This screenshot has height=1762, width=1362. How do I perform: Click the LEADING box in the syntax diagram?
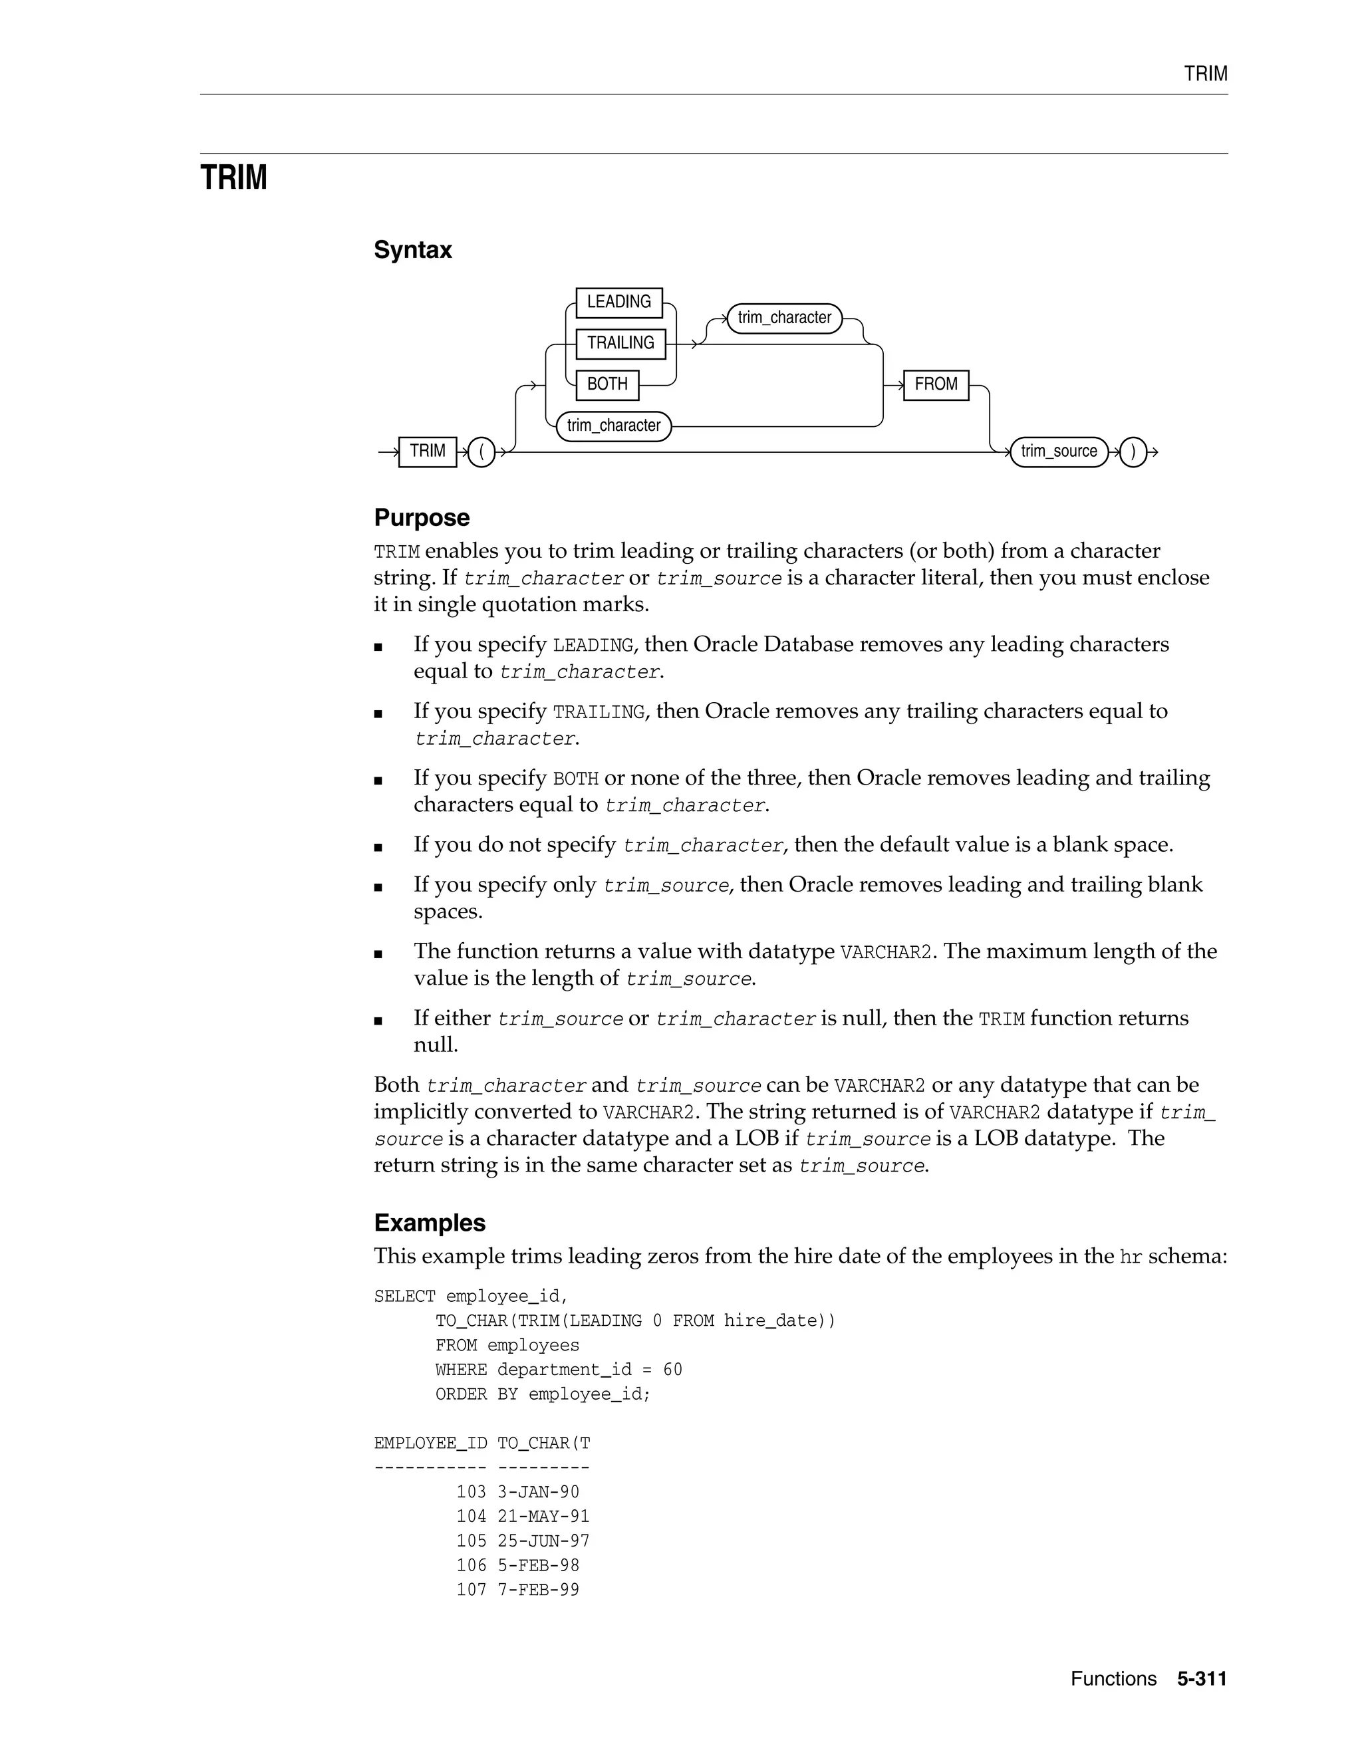point(619,303)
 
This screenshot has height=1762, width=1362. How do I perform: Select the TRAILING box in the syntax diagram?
point(620,344)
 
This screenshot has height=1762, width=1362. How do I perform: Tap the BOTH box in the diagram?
point(607,385)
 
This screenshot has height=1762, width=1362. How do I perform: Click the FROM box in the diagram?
point(935,385)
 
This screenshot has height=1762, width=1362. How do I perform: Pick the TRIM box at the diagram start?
point(428,451)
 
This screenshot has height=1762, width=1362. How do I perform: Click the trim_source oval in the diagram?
point(1059,451)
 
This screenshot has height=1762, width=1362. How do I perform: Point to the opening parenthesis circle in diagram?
point(481,451)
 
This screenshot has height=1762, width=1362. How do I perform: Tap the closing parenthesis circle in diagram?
point(1133,451)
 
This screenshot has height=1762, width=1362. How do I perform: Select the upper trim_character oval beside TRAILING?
point(784,318)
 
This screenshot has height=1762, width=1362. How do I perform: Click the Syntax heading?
point(412,250)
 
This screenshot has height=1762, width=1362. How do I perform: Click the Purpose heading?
point(421,518)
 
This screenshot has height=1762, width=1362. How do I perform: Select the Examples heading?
point(429,1223)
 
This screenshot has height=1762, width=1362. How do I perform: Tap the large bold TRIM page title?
point(233,178)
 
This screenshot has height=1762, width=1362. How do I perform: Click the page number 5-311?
point(1202,1679)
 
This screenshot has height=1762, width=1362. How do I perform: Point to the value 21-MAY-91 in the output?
point(543,1517)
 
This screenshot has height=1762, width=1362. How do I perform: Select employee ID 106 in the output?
point(472,1565)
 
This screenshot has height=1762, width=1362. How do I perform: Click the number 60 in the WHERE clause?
point(672,1370)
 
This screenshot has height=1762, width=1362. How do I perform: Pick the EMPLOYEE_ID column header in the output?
point(430,1444)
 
